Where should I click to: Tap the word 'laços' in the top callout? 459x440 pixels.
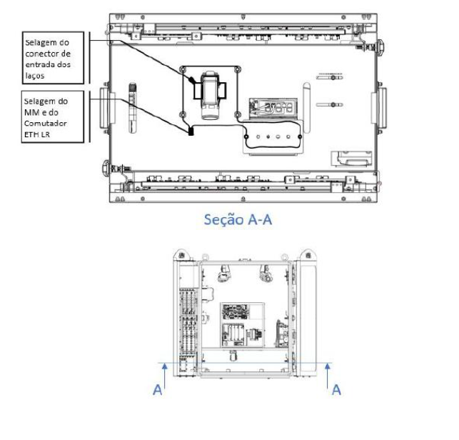[35, 76]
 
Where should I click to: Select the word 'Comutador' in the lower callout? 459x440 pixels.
[46, 124]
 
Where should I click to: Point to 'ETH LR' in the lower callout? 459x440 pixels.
[37, 134]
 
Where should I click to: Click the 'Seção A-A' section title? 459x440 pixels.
[238, 219]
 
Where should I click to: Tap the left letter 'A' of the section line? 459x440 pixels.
[158, 390]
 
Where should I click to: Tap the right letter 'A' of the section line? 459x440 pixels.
[336, 390]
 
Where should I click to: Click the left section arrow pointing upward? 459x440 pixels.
[165, 376]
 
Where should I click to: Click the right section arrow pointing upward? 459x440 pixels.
[328, 376]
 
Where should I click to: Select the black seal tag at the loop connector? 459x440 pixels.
[192, 80]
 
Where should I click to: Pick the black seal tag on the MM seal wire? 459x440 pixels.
[191, 131]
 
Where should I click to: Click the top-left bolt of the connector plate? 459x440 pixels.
[183, 70]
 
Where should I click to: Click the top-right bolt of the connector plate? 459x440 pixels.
[238, 70]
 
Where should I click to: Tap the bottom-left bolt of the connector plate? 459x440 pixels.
[183, 114]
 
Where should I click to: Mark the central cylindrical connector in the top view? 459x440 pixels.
[210, 95]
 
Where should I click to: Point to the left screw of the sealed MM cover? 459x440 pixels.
[246, 136]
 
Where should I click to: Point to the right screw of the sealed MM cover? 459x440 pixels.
[300, 136]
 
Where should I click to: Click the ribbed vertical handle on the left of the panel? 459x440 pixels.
[133, 108]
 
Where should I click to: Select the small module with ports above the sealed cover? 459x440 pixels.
[273, 109]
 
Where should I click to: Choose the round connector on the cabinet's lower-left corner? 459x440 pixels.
[106, 168]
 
